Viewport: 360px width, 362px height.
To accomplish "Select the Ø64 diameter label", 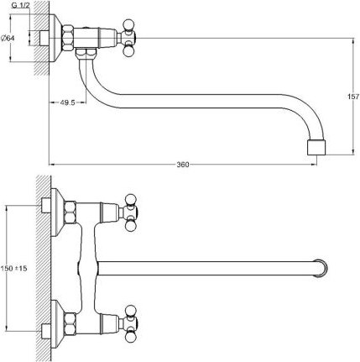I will click(8, 38).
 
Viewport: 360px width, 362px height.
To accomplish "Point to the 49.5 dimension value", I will click(69, 102).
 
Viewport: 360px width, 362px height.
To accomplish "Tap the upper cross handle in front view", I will click(133, 211).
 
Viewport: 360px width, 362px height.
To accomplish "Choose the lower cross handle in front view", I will click(133, 323).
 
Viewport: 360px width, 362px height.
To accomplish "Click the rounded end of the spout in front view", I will click(318, 267).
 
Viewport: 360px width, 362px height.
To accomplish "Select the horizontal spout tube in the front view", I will click(210, 267).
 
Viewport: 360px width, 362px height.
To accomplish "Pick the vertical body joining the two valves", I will click(89, 267).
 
